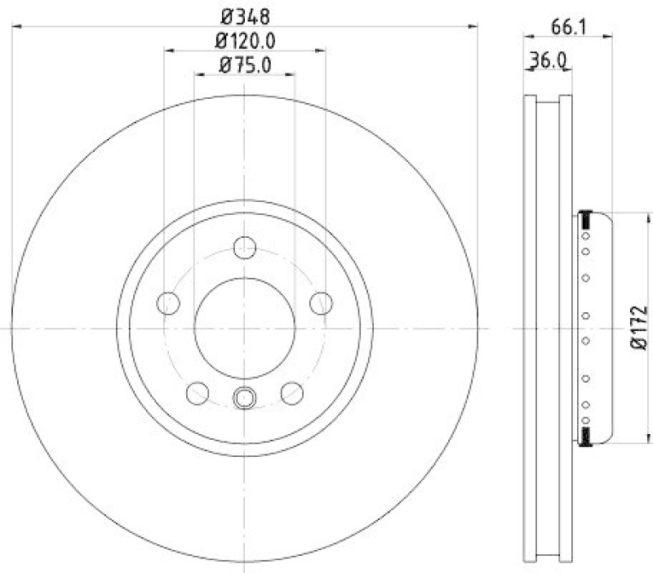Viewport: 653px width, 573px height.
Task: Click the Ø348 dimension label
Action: click(244, 14)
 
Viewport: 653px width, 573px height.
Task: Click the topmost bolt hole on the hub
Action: click(244, 246)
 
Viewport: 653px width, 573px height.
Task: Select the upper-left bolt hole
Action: click(168, 303)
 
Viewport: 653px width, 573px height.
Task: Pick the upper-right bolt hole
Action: click(321, 303)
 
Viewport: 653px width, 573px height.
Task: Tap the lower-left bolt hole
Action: click(198, 393)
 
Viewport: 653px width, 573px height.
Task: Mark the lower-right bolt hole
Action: click(291, 393)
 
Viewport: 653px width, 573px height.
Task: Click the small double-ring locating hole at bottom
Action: click(244, 398)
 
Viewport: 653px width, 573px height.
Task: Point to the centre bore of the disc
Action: click(244, 328)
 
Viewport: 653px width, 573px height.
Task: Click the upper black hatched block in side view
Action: click(584, 220)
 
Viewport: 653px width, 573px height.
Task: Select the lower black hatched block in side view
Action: click(584, 436)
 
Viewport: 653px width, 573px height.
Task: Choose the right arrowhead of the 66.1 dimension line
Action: click(609, 35)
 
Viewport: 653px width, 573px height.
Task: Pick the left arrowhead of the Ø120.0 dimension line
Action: click(169, 51)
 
